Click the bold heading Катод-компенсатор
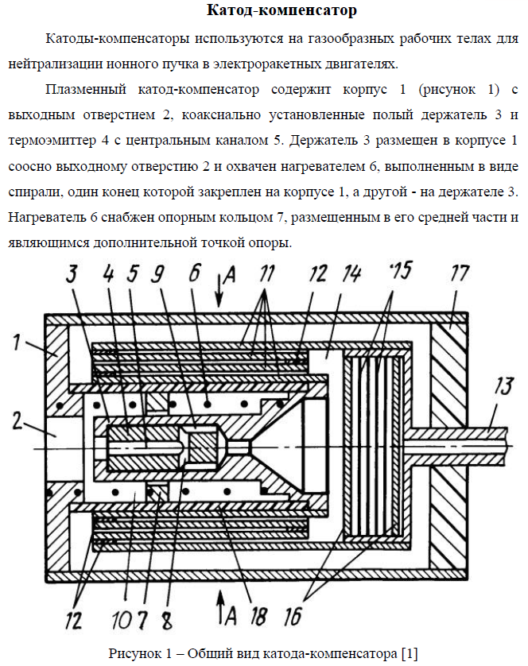(270, 11)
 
